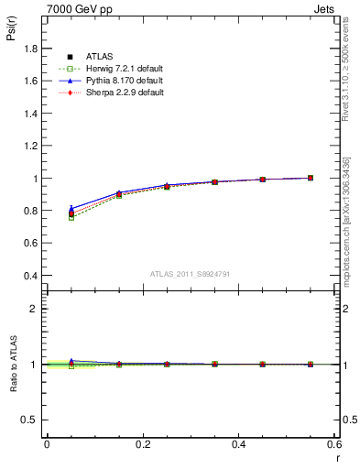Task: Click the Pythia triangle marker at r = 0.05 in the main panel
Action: point(71,208)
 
